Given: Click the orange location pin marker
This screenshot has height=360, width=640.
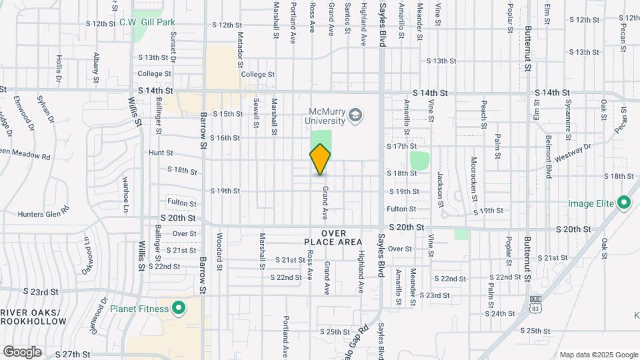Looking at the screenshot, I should [x=320, y=159].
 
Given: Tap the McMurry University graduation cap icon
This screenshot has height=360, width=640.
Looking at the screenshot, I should [x=356, y=116].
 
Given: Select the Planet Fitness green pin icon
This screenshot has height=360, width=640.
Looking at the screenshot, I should [x=178, y=308].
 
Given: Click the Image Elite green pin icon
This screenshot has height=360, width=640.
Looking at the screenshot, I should [x=624, y=202].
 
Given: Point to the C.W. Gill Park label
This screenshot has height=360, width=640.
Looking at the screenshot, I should [x=147, y=22].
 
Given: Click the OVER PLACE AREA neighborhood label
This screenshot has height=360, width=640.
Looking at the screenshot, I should [x=333, y=237].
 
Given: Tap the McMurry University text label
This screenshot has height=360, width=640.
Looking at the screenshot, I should [x=327, y=116].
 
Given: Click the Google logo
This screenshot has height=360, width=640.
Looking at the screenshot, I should [x=22, y=351].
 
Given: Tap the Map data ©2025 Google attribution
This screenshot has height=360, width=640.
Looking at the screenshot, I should [x=598, y=355].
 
